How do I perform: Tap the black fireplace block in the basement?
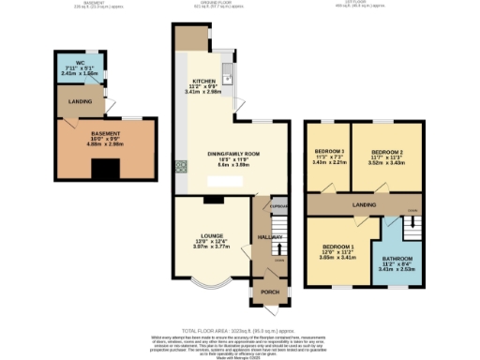(x=105, y=170)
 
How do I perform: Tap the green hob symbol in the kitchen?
(x=178, y=169)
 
